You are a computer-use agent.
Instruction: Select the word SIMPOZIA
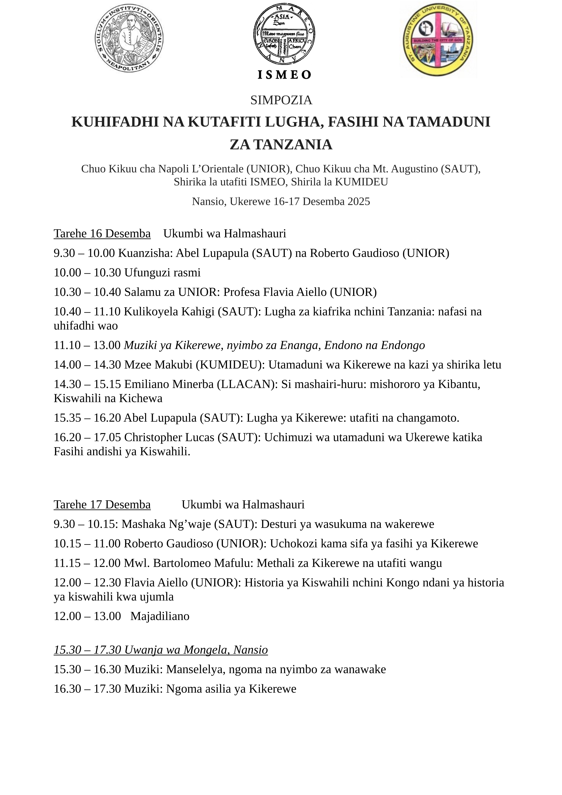pyautogui.click(x=281, y=100)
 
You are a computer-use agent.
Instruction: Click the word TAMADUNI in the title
pyautogui.click(x=449, y=122)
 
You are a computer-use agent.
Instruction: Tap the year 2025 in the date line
pyautogui.click(x=359, y=201)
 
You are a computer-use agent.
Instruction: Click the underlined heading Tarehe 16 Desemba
pyautogui.click(x=102, y=234)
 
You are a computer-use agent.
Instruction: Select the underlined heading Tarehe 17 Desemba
pyautogui.click(x=102, y=504)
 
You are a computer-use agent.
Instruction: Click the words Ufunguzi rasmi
pyautogui.click(x=162, y=272)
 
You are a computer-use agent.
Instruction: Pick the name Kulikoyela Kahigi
pyautogui.click(x=169, y=312)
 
